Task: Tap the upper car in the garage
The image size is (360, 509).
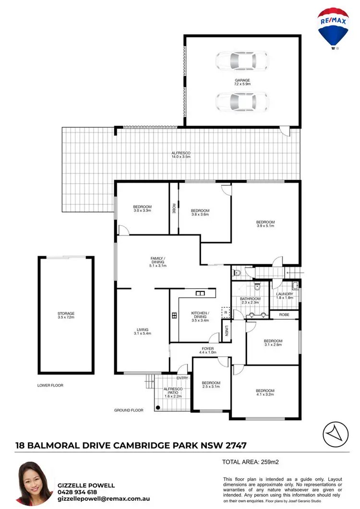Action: click(241, 61)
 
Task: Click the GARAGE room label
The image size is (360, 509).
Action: click(242, 82)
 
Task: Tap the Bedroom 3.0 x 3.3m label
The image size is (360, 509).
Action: click(143, 208)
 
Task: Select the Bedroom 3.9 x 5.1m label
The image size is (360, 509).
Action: click(265, 224)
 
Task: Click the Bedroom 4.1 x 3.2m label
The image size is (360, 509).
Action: click(265, 392)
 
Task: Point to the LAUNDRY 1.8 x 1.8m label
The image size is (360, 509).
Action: click(285, 296)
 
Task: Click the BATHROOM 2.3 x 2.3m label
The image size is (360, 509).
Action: click(250, 300)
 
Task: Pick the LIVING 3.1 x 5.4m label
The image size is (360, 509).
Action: click(143, 331)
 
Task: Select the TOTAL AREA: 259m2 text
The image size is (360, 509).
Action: click(251, 463)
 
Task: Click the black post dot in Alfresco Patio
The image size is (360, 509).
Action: click(157, 408)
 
